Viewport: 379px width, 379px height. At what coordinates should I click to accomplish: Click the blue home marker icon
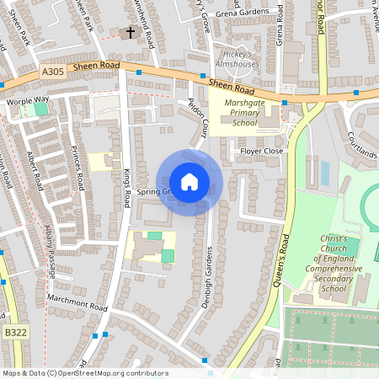point(189,181)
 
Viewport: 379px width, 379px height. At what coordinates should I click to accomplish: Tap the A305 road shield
point(51,74)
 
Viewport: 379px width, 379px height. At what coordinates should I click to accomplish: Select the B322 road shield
point(15,334)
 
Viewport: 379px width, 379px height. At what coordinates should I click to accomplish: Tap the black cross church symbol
point(130,33)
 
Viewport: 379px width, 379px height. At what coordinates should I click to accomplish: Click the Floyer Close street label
point(262,152)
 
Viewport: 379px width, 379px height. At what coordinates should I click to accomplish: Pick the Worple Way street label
point(28,99)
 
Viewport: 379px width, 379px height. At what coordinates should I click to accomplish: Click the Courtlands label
point(360,147)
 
